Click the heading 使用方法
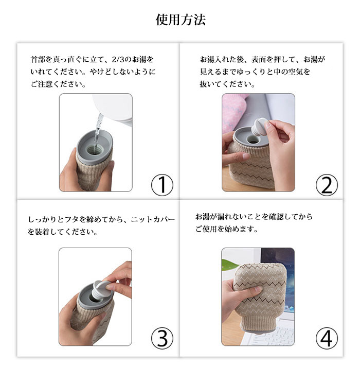[181, 20]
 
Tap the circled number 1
[162, 185]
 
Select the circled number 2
[327, 185]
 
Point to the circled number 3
[162, 339]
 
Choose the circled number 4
[327, 339]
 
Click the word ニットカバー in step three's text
[153, 219]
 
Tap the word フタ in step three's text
[71, 219]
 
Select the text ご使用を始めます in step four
[226, 229]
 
